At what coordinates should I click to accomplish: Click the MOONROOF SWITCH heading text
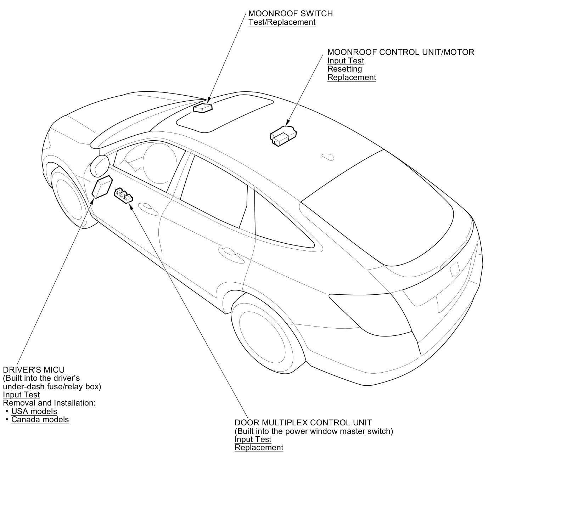click(290, 13)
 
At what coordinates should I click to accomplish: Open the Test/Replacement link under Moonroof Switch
click(282, 22)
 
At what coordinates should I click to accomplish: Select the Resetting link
click(344, 69)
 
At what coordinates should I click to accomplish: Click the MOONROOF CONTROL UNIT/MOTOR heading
click(400, 52)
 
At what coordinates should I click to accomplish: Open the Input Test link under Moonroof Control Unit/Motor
click(346, 61)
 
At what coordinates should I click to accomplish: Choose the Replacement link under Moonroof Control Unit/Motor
click(352, 77)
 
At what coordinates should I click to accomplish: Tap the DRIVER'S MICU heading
click(34, 370)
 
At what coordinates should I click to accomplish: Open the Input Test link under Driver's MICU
click(21, 395)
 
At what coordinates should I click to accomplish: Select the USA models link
click(34, 411)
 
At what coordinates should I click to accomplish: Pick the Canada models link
click(40, 419)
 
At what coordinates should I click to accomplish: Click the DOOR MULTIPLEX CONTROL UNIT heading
click(303, 423)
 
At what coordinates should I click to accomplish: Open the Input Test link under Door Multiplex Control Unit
click(253, 439)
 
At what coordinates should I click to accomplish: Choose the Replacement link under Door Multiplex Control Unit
click(259, 447)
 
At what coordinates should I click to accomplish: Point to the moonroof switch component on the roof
click(202, 108)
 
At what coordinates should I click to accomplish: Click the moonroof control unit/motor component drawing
click(283, 136)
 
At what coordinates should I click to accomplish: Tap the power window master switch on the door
click(123, 196)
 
